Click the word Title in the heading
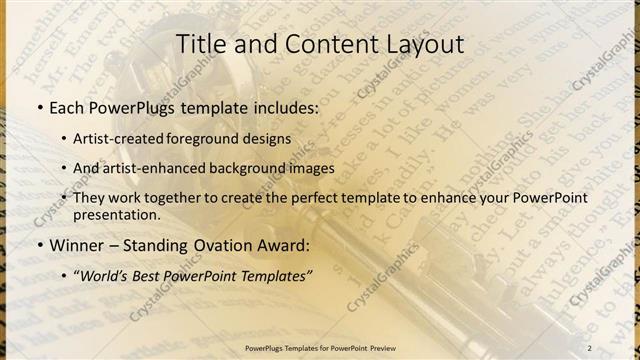point(200,45)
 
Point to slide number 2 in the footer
point(589,348)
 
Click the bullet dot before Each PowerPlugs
point(39,108)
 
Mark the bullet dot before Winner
point(39,245)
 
